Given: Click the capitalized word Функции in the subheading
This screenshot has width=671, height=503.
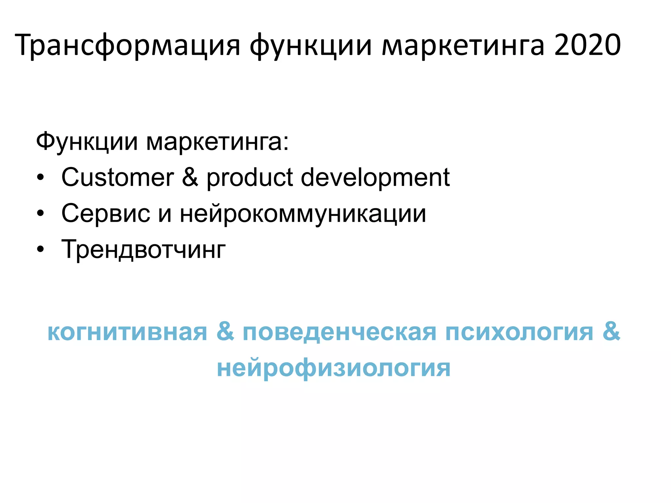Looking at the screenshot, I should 87,142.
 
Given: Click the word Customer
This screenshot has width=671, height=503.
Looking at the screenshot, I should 118,177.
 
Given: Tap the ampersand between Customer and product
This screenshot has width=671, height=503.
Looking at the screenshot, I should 190,177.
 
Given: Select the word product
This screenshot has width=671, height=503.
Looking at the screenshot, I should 250,177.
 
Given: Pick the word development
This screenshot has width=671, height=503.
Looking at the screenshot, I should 375,177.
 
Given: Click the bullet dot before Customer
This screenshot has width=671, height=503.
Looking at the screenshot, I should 40,178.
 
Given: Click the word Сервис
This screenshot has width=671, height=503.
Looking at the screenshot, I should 106,214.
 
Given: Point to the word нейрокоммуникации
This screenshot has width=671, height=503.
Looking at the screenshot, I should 303,214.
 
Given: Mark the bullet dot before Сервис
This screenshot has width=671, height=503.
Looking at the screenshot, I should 40,214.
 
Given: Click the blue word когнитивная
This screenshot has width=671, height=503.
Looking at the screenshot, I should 127,332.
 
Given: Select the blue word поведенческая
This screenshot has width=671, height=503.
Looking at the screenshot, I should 339,332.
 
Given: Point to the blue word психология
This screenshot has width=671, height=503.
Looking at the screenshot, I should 519,332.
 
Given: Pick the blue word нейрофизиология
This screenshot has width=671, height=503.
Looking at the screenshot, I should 334,368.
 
